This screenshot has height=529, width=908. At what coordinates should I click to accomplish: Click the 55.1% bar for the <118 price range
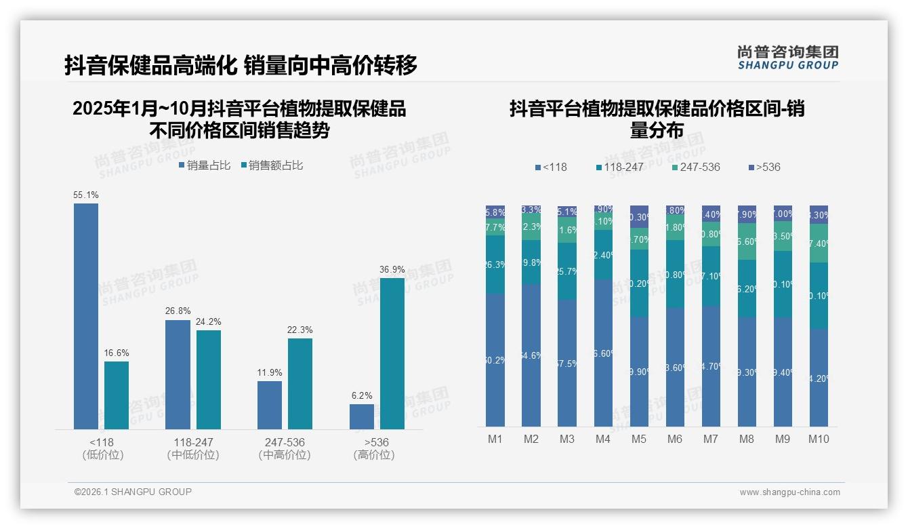(x=86, y=316)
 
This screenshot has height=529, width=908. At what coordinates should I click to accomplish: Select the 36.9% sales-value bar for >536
(x=392, y=353)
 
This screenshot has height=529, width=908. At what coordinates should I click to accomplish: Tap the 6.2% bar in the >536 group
(x=361, y=416)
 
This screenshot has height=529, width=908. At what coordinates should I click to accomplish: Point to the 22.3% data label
(x=300, y=330)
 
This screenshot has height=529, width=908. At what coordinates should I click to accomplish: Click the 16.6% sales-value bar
(x=117, y=395)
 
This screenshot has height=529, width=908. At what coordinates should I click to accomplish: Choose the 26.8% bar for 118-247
(x=178, y=374)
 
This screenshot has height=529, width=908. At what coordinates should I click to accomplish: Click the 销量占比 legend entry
(x=205, y=165)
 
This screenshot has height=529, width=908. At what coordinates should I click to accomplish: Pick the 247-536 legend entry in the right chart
(x=696, y=167)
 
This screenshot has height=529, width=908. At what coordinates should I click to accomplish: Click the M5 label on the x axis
(x=638, y=439)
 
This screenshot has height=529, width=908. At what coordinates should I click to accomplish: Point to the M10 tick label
(x=819, y=439)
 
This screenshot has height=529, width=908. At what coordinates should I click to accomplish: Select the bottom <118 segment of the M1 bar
(x=495, y=359)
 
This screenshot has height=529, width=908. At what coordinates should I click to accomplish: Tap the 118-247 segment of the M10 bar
(x=819, y=296)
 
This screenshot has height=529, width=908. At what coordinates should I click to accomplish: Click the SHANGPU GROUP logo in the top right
(x=787, y=58)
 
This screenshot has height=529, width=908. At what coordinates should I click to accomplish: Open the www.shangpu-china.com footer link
(x=789, y=492)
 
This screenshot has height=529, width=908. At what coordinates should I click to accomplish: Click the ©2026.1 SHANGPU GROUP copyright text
(x=133, y=492)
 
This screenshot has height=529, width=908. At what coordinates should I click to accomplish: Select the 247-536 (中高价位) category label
(x=285, y=448)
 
